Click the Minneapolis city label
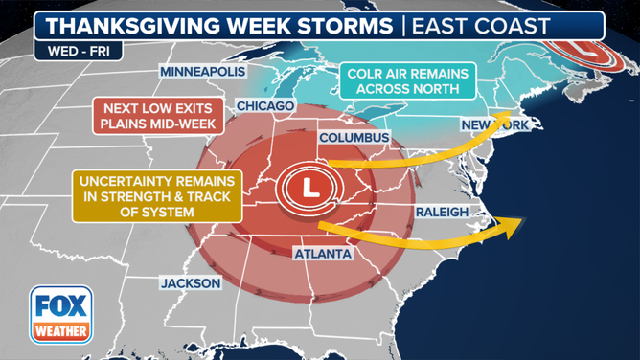coord(202,72)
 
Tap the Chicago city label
coord(259,105)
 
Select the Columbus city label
coord(354,138)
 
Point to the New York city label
coord(494,125)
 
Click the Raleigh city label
coord(442,212)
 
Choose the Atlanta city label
coord(322,254)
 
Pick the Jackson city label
coord(191,283)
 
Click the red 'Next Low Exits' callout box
coord(157,115)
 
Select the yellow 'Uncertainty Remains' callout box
coord(144,194)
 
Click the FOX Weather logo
coord(60,314)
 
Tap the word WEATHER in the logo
coord(60,332)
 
